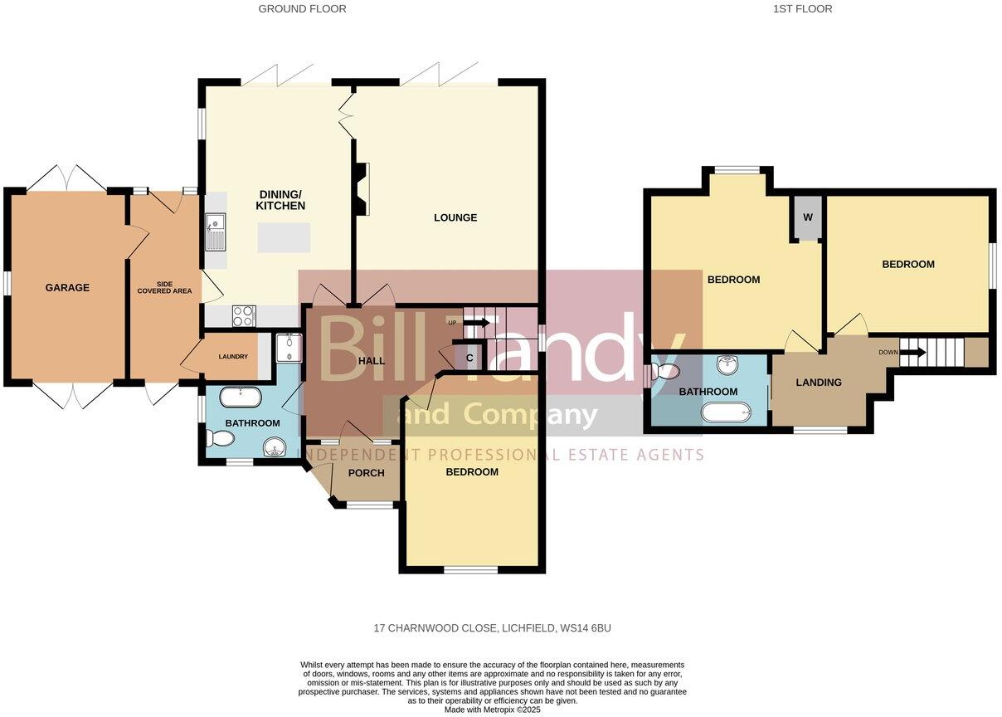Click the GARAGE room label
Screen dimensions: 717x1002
pyautogui.click(x=67, y=288)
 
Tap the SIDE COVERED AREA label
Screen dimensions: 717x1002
pyautogui.click(x=164, y=286)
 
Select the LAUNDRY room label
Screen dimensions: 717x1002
pyautogui.click(x=233, y=357)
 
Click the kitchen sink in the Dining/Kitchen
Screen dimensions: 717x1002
pyautogui.click(x=215, y=232)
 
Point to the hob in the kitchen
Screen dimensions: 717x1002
pyautogui.click(x=243, y=315)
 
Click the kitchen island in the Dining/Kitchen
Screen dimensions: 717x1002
pyautogui.click(x=284, y=237)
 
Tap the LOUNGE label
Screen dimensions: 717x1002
pyautogui.click(x=455, y=218)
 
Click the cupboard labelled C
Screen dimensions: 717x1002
pyautogui.click(x=469, y=358)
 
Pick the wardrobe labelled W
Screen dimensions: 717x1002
pyautogui.click(x=807, y=217)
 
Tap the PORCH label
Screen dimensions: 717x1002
pyautogui.click(x=366, y=473)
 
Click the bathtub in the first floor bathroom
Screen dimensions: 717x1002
pyautogui.click(x=726, y=411)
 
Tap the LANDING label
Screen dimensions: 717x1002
pyautogui.click(x=819, y=383)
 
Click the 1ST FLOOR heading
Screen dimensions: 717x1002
pyautogui.click(x=802, y=9)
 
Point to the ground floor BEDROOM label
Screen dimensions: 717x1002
pyautogui.click(x=472, y=472)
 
